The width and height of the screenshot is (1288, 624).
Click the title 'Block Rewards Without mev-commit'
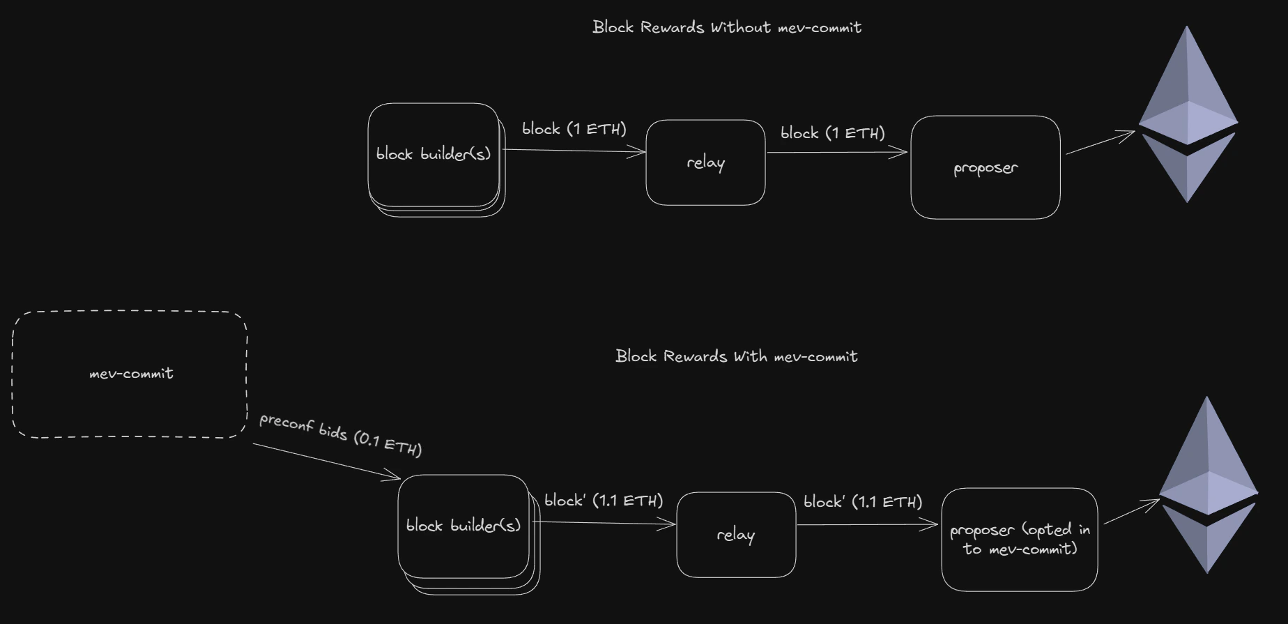[727, 27]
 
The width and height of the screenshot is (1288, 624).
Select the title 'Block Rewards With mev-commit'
[737, 356]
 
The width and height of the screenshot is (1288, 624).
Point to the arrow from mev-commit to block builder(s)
[327, 462]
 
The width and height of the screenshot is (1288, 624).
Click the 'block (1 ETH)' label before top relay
[574, 129]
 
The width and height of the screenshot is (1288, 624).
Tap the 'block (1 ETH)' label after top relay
[833, 133]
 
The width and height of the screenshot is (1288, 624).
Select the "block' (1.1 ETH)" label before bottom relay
[604, 501]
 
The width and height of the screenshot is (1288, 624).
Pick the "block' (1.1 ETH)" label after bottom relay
[863, 502]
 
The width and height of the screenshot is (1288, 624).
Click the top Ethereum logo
[1188, 114]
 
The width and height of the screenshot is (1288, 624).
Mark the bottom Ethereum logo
[1208, 485]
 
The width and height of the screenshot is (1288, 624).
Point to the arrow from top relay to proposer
[837, 152]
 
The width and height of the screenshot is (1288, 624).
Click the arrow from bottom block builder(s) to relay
[604, 523]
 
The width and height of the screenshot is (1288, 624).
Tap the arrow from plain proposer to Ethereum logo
[1101, 142]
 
